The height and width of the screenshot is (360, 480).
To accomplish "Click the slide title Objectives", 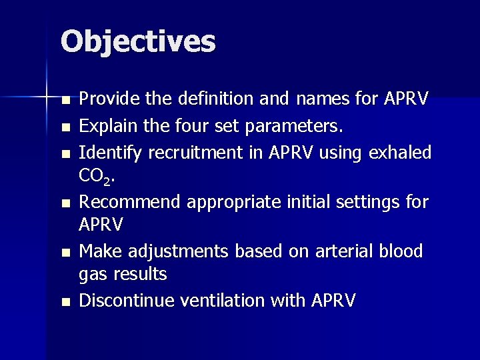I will pos(138,41).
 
